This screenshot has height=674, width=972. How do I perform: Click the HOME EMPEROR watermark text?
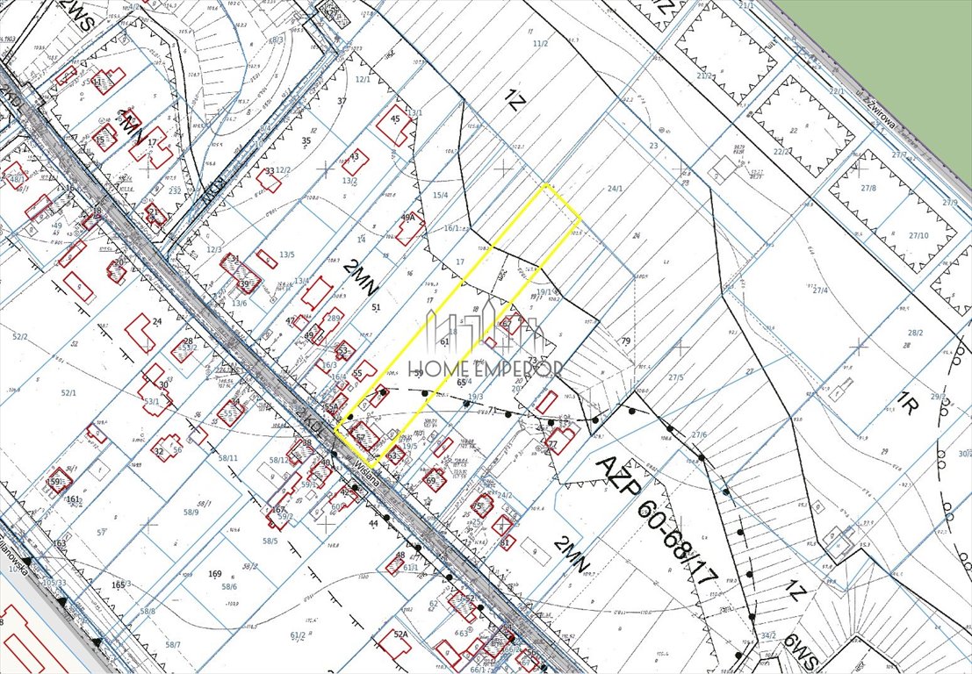[495, 369]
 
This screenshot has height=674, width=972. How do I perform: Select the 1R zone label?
[907, 405]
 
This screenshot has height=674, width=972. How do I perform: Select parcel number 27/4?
[821, 290]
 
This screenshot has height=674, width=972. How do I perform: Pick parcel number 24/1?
[615, 188]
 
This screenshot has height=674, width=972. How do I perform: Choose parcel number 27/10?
[918, 235]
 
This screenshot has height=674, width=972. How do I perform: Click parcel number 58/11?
[228, 458]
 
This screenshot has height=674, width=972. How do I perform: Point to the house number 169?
[214, 574]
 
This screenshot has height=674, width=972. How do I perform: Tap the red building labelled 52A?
[401, 635]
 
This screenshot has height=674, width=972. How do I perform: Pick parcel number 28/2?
[915, 333]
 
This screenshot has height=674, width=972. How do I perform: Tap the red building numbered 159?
[58, 482]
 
